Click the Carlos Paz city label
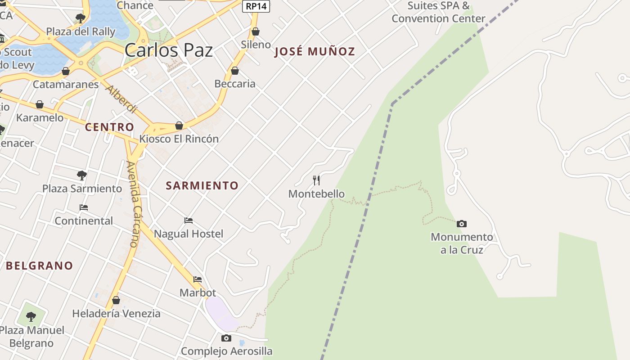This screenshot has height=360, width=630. click(168, 50)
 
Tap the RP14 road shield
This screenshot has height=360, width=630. click(256, 6)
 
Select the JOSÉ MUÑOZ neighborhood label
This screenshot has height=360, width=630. click(315, 52)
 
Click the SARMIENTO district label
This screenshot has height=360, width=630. click(202, 185)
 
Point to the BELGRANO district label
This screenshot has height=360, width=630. click(39, 265)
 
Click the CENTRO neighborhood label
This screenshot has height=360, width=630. click(109, 127)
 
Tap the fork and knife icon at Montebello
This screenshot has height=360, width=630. click(316, 180)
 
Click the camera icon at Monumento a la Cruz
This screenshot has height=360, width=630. click(461, 224)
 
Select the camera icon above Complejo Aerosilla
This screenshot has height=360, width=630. click(226, 338)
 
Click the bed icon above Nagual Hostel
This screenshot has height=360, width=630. click(189, 220)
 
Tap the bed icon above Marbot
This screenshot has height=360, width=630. click(198, 279)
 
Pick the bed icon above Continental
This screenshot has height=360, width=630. click(84, 207)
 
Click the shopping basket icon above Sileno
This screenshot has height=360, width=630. click(256, 31)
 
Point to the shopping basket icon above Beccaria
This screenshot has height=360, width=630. click(234, 71)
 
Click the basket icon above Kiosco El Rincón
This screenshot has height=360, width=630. click(179, 126)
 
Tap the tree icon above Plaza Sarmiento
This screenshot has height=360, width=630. click(82, 175)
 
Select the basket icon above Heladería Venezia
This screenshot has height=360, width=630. click(116, 300)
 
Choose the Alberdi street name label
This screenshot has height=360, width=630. click(121, 99)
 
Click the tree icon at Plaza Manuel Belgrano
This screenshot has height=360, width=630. click(31, 317)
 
